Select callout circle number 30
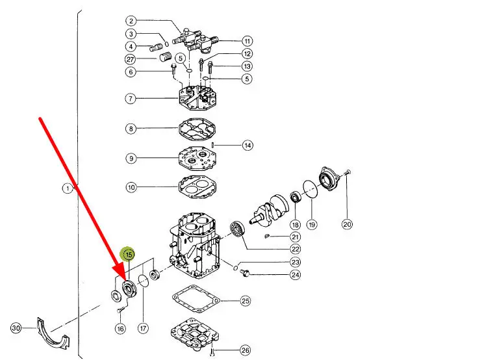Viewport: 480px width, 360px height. click(16, 328)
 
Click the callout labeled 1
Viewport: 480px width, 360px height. click(68, 188)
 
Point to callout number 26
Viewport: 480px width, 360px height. click(246, 350)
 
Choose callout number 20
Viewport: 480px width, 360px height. click(347, 224)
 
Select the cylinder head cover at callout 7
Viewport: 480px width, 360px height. click(197, 97)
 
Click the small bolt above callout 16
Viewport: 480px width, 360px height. click(120, 311)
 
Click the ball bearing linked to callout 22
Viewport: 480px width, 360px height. click(238, 228)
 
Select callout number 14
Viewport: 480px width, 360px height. click(247, 145)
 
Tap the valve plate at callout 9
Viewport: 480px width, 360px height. click(197, 158)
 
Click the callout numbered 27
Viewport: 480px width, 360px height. click(131, 59)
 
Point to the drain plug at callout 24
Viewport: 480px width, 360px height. click(244, 272)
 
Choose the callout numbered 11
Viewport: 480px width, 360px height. click(247, 41)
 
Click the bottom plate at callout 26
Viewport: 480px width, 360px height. click(195, 335)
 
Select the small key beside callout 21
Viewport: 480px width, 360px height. click(267, 236)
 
